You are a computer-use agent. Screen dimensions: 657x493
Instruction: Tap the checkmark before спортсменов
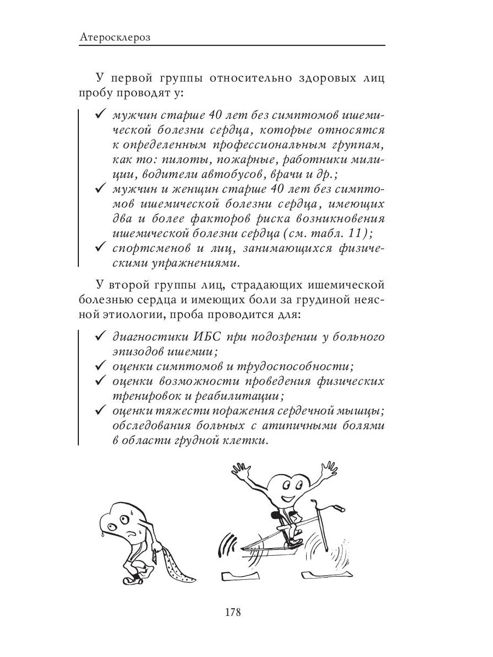pyautogui.click(x=100, y=247)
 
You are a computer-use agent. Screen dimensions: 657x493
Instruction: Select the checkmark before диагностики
pyautogui.click(x=100, y=336)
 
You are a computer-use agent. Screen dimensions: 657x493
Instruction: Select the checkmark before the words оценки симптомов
pyautogui.click(x=100, y=365)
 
